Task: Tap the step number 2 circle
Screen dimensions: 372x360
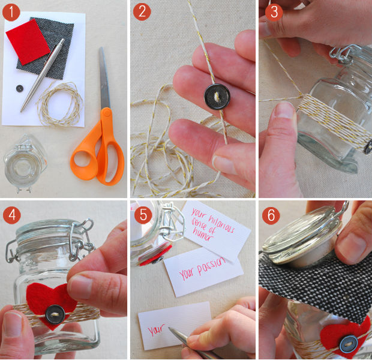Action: [x=142, y=11]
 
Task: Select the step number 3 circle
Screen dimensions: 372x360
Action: [x=274, y=12]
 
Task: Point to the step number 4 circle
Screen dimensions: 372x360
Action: [x=12, y=215]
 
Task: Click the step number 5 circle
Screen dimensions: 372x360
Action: [x=143, y=215]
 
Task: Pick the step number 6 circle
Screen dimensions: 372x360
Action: [x=271, y=215]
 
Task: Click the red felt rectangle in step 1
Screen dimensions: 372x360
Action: [x=28, y=42]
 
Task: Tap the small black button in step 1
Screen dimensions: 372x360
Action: [x=20, y=89]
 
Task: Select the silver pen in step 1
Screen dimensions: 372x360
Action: [x=42, y=75]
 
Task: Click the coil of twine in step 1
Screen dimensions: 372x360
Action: [x=60, y=104]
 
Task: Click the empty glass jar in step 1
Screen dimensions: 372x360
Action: [x=24, y=164]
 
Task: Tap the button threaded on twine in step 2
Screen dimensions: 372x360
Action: [x=217, y=97]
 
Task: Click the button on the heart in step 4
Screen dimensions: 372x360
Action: [x=55, y=314]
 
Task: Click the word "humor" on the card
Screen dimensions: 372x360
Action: [x=203, y=234]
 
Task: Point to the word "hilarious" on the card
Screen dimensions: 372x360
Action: [x=221, y=223]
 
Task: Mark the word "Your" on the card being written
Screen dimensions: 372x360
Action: [x=155, y=329]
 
